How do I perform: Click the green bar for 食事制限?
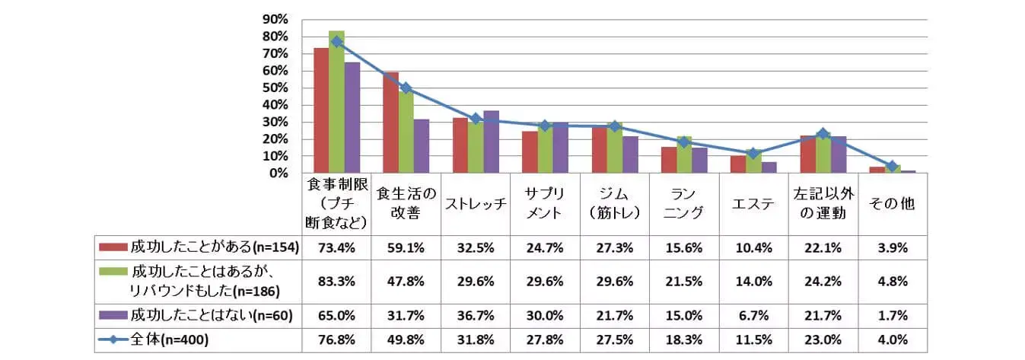(336, 102)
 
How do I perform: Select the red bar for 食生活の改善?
(390, 123)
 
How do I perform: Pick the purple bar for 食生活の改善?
(422, 146)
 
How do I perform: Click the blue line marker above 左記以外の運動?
(822, 134)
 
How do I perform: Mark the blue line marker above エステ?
(753, 154)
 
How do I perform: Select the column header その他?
(892, 203)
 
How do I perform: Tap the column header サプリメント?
(545, 203)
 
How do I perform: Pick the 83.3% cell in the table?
(336, 281)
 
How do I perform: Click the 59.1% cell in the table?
(406, 247)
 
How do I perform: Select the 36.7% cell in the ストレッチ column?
(476, 314)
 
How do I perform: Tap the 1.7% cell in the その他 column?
(892, 314)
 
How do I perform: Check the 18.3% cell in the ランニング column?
(683, 339)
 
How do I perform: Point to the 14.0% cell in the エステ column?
(753, 281)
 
